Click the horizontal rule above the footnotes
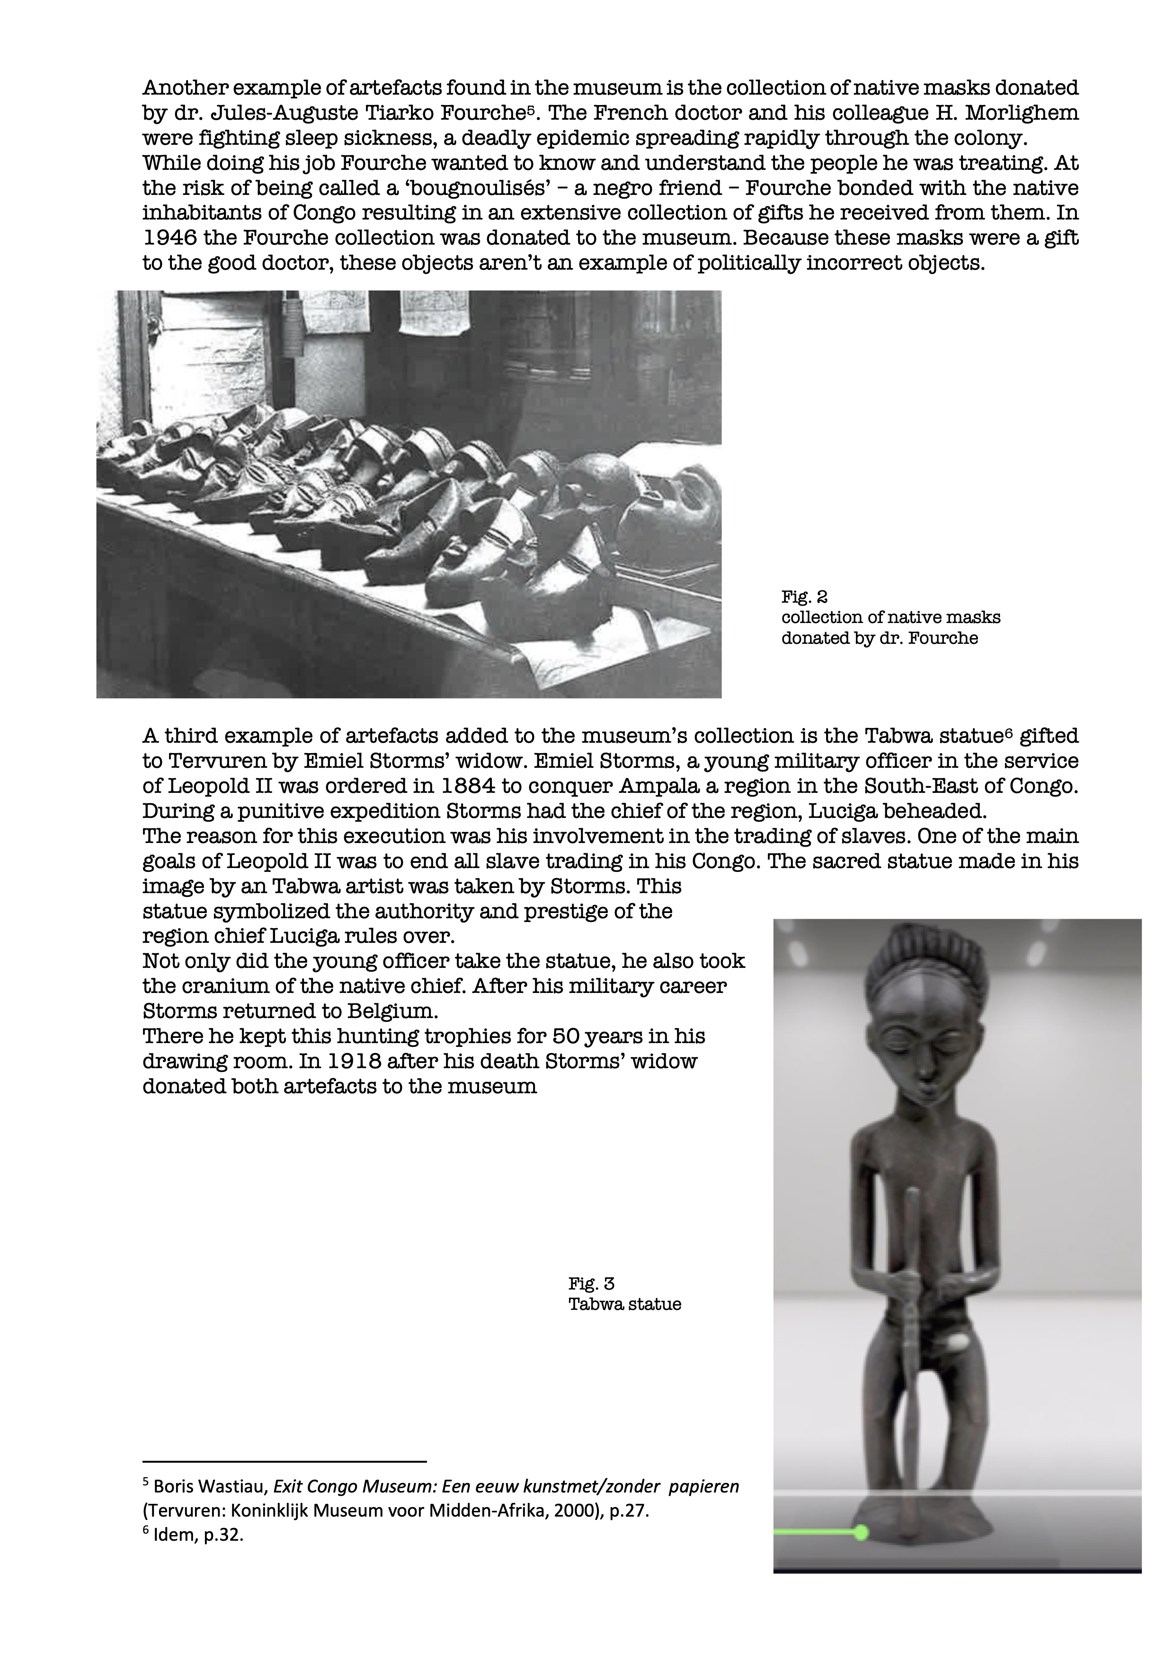click(285, 1460)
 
